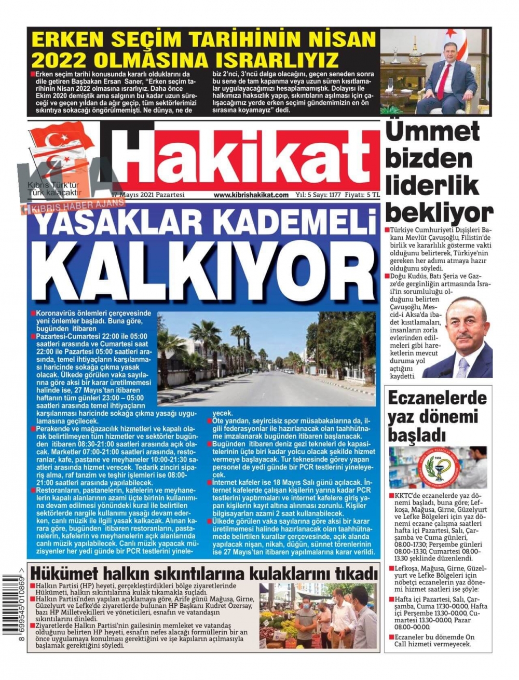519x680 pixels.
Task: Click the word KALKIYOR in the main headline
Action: (x=204, y=268)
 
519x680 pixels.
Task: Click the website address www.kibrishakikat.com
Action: (x=251, y=195)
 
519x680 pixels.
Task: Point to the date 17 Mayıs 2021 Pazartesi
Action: (x=148, y=195)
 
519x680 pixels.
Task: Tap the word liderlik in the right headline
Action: (x=432, y=185)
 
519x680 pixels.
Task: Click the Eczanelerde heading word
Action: (x=438, y=398)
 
